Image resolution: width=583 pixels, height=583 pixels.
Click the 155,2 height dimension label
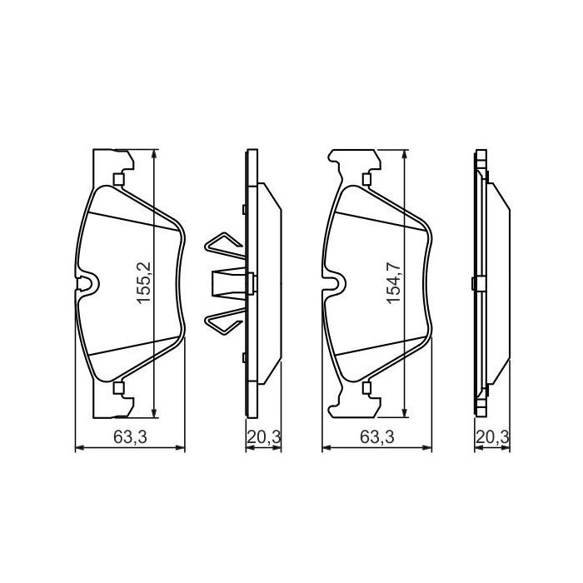pyautogui.click(x=143, y=282)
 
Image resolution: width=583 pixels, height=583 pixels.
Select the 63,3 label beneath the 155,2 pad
pyautogui.click(x=126, y=436)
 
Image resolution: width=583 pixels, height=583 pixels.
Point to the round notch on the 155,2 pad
pyautogui.click(x=89, y=285)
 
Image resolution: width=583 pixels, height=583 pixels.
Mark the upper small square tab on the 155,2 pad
pyautogui.click(x=117, y=178)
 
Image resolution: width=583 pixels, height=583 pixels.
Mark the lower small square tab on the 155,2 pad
pyautogui.click(x=117, y=387)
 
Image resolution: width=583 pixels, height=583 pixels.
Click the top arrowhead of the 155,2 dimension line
pyautogui.click(x=157, y=155)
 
